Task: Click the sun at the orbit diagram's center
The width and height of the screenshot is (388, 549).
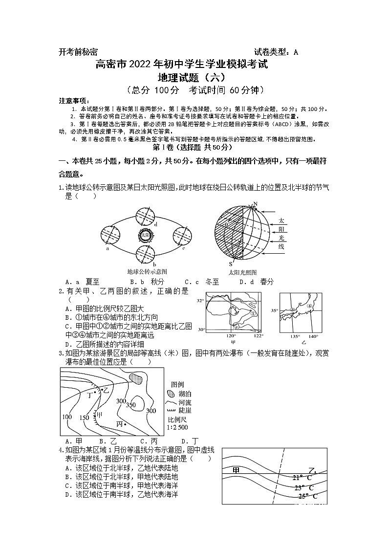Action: (145, 235)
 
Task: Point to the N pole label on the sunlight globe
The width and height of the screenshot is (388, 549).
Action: (254, 204)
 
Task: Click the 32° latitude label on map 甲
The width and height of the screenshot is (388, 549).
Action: (200, 301)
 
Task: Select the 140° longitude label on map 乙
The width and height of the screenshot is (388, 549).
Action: (313, 336)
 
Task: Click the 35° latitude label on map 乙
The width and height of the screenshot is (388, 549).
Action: (274, 310)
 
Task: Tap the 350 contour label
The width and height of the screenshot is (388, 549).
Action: (130, 405)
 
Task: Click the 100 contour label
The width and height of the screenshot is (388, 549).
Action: (67, 417)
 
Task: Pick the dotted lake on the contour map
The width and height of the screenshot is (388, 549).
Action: (137, 378)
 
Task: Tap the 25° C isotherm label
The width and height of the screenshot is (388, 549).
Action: (307, 496)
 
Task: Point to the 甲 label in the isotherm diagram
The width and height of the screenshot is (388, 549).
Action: (236, 470)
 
